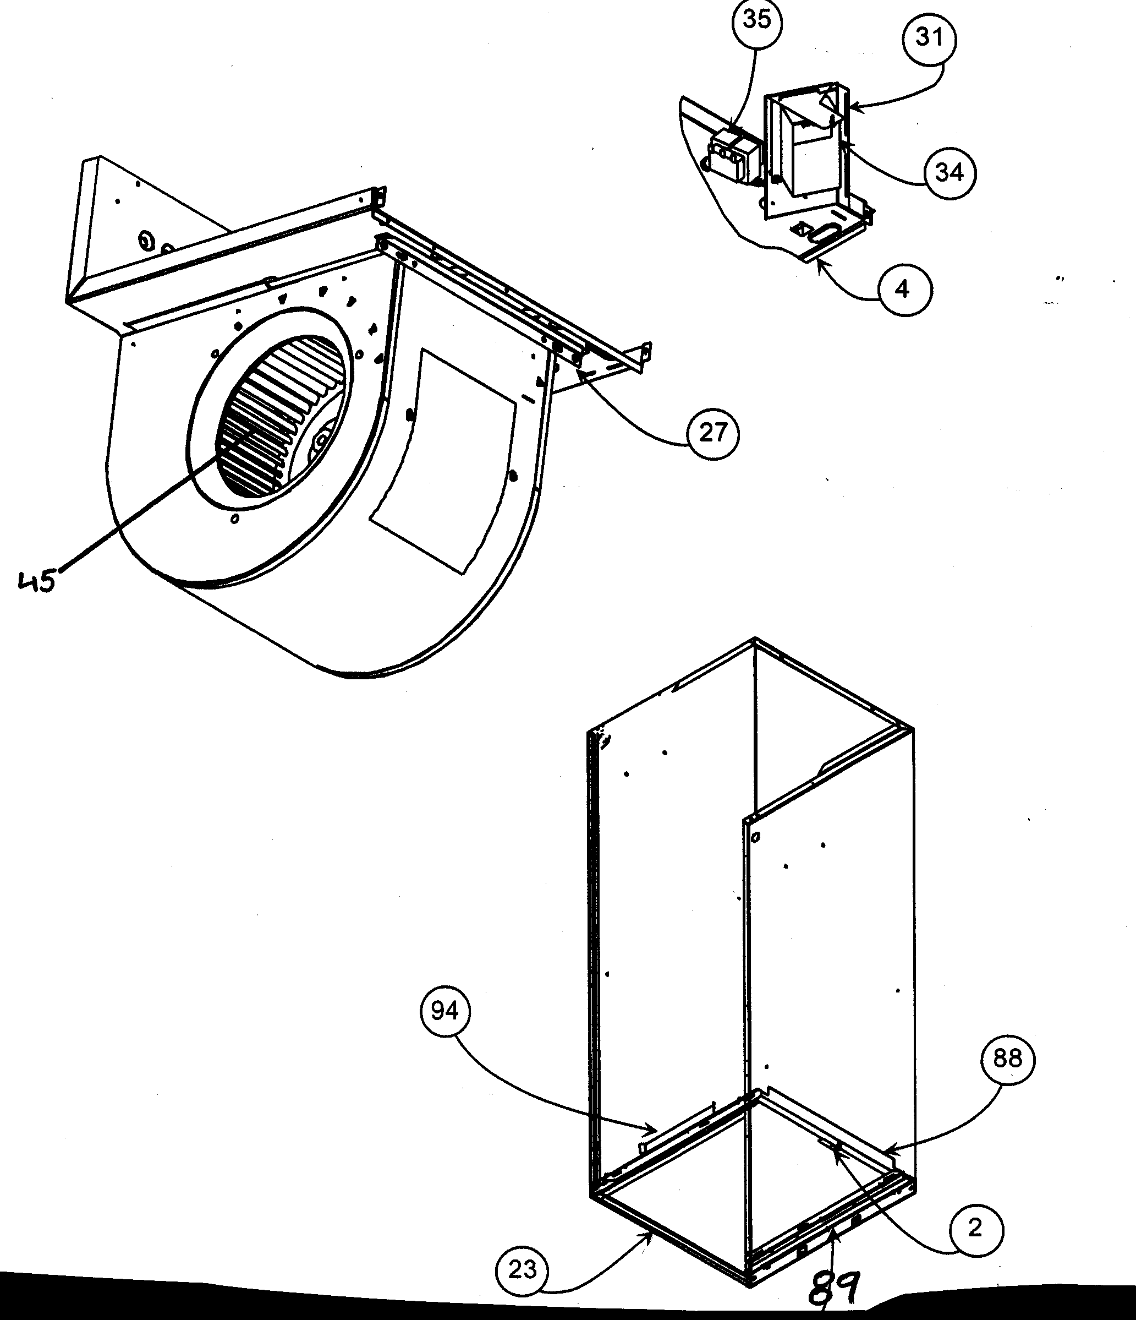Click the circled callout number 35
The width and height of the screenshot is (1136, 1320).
pos(756,20)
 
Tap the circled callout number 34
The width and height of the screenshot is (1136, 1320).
pos(949,173)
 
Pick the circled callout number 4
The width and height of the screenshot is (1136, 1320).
pos(904,290)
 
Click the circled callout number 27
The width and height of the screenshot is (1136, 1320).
pos(713,434)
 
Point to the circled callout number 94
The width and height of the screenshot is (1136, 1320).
pos(444,1011)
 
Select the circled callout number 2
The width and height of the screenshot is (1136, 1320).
pos(975,1229)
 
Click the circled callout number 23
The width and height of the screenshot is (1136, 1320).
pos(522,1270)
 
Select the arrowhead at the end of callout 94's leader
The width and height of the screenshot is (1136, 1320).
pos(656,1130)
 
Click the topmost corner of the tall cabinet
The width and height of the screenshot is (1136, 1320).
pos(755,639)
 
